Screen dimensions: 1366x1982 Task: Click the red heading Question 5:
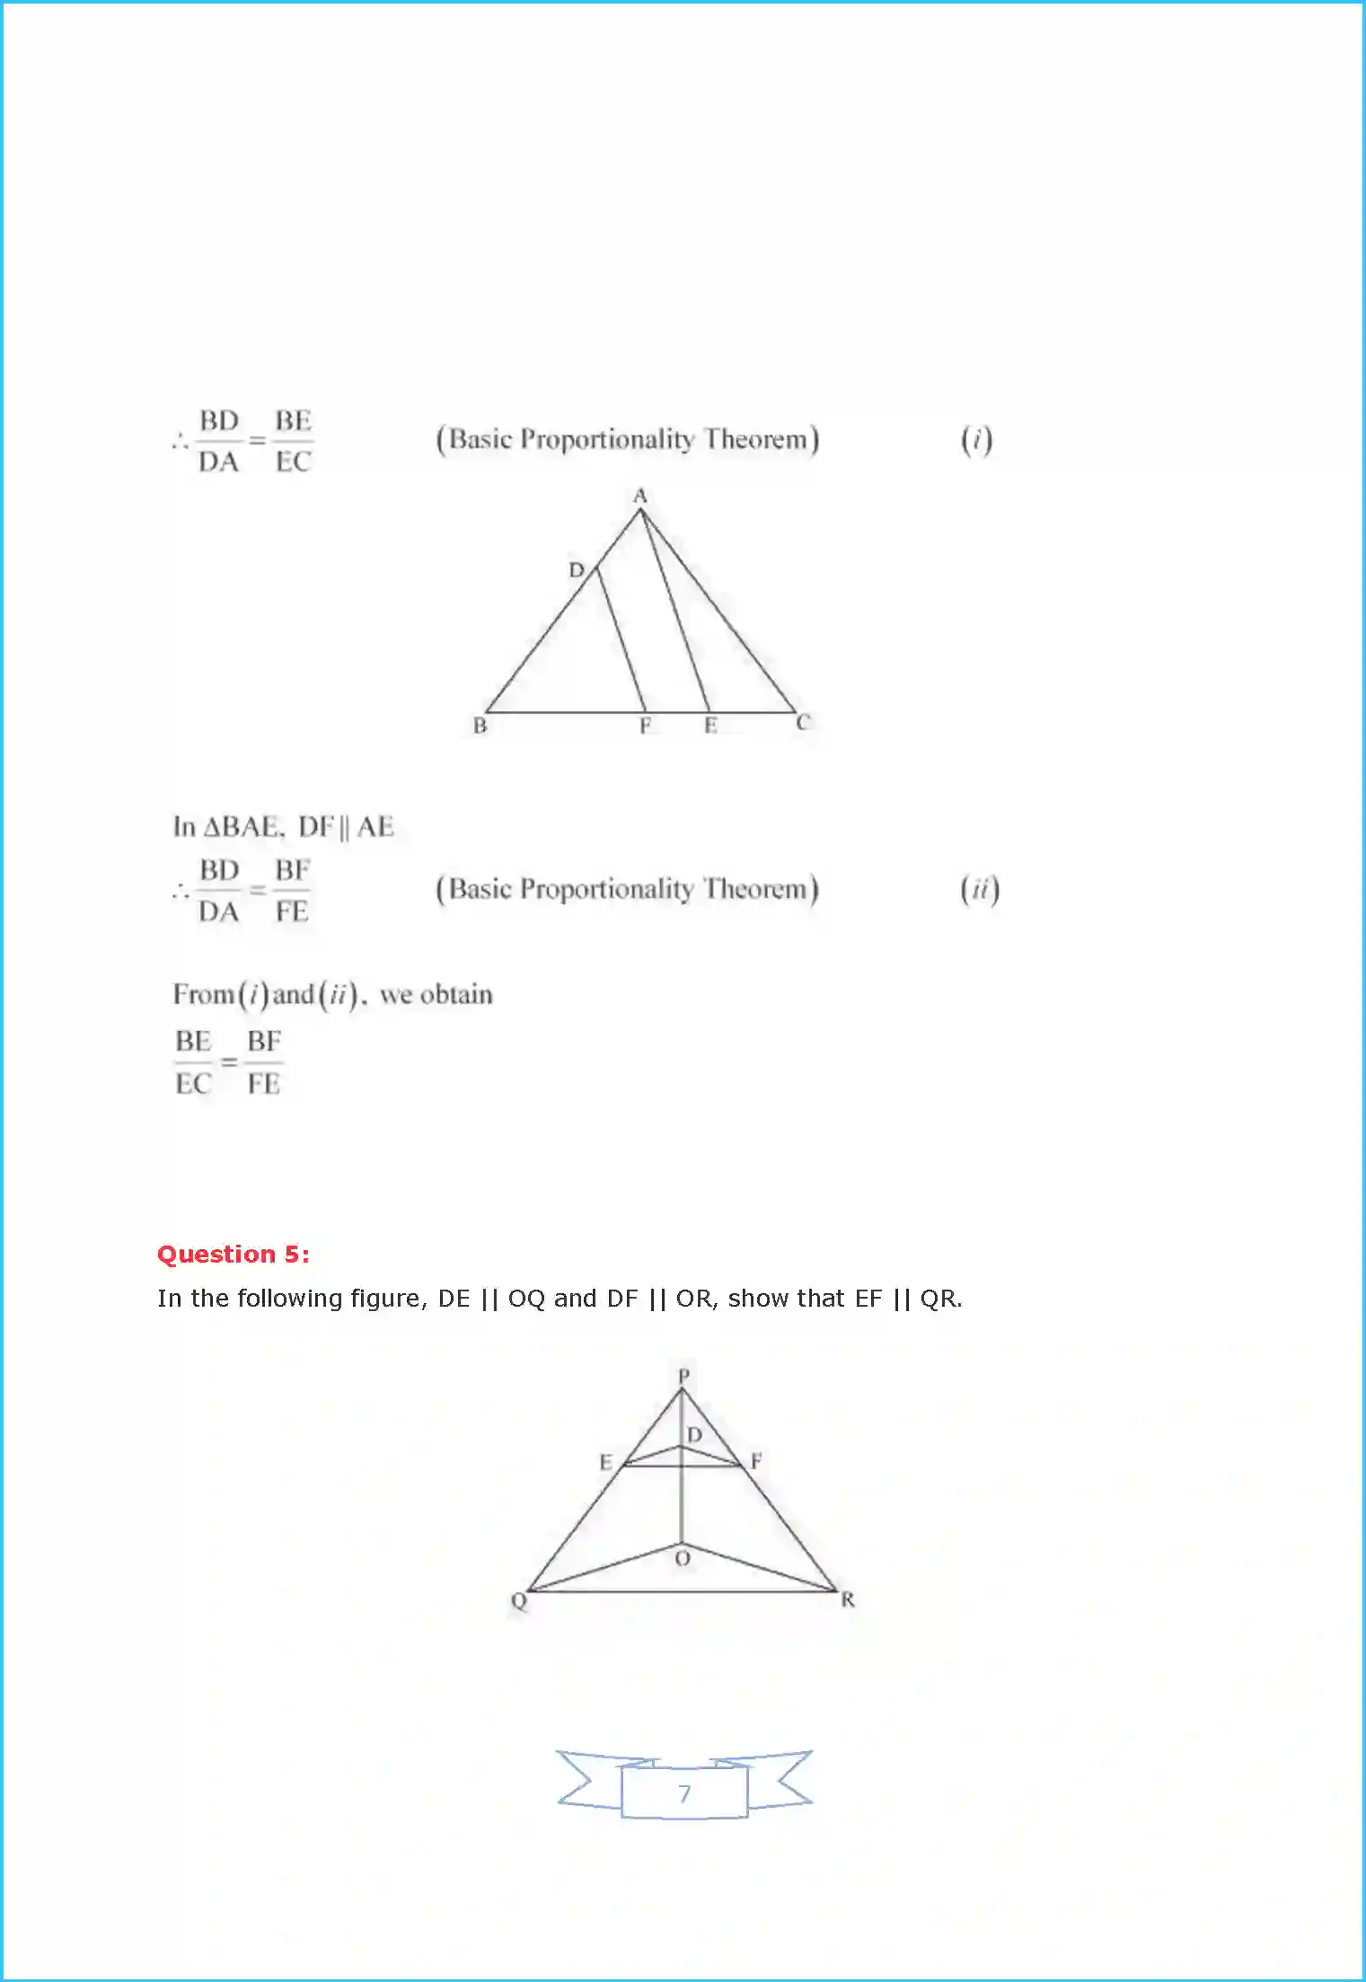point(234,1254)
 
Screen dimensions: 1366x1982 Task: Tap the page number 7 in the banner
point(684,1793)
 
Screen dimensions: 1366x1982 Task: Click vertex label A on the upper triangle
point(639,496)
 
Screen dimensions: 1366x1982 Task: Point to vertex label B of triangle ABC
point(480,725)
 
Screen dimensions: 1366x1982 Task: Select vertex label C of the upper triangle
point(803,722)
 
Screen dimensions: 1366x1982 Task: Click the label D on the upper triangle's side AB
point(577,569)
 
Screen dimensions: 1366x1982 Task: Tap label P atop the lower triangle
point(683,1376)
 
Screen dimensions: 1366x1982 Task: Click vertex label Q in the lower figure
point(519,1600)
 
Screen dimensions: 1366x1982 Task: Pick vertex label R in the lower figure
point(848,1599)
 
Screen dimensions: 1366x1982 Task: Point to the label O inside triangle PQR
point(683,1558)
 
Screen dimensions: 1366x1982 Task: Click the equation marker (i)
point(976,440)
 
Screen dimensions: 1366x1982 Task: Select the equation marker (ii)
point(979,890)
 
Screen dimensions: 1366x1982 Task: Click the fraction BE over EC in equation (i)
point(293,441)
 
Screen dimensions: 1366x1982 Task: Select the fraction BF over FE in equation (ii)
point(292,891)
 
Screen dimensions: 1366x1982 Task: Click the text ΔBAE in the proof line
point(241,827)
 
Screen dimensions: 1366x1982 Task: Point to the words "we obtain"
point(436,995)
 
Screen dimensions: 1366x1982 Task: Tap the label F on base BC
point(645,726)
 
